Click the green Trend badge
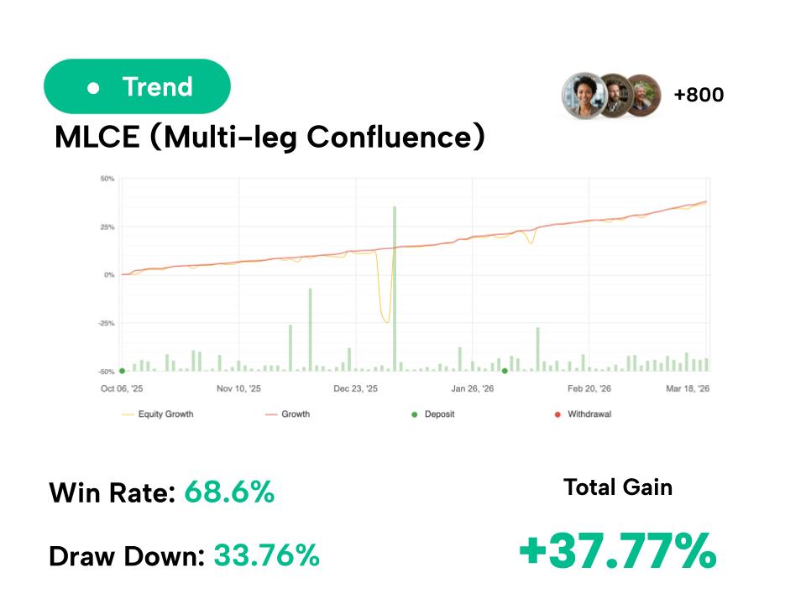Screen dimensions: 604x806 [137, 86]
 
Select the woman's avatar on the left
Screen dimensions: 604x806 [583, 94]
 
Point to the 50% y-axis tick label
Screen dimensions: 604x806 [107, 179]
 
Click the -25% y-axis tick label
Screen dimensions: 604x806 [106, 323]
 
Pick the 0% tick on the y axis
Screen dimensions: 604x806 [109, 275]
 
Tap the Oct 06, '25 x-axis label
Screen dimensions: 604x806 [122, 389]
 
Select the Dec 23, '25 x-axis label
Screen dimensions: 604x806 [356, 389]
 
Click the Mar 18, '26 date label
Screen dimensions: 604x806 [688, 389]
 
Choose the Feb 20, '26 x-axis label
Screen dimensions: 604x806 [589, 389]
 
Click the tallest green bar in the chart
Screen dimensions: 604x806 [394, 285]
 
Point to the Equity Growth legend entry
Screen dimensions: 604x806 [165, 414]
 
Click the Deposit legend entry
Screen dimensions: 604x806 [439, 414]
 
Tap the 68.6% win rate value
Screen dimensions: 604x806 [229, 492]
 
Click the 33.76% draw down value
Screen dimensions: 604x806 [266, 555]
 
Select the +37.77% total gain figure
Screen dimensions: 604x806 [617, 551]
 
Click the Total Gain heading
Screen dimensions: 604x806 [618, 487]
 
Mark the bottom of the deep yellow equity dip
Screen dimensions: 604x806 [385, 322]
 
